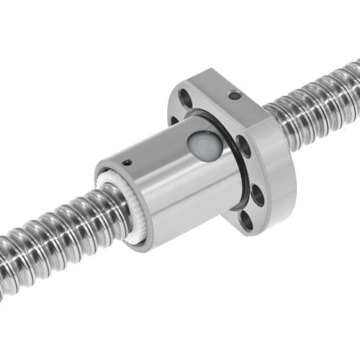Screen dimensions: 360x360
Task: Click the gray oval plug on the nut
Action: pos(200,145)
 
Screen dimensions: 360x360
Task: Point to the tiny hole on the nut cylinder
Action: pos(127,163)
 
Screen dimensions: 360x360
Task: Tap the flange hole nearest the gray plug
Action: pos(242,147)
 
